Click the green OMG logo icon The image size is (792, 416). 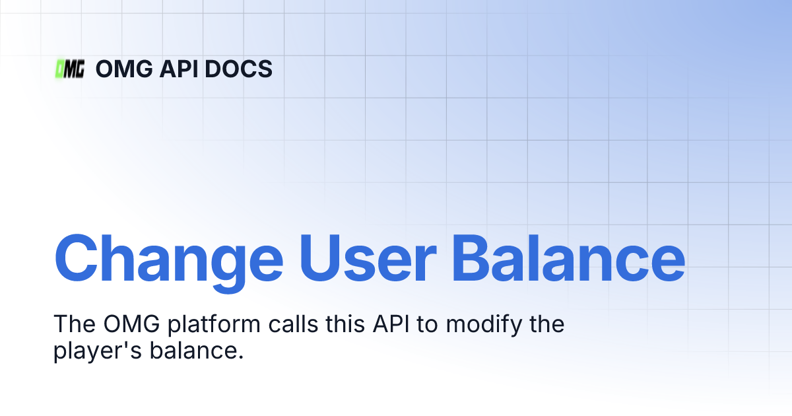coord(70,69)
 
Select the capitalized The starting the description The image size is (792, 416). coord(73,325)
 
